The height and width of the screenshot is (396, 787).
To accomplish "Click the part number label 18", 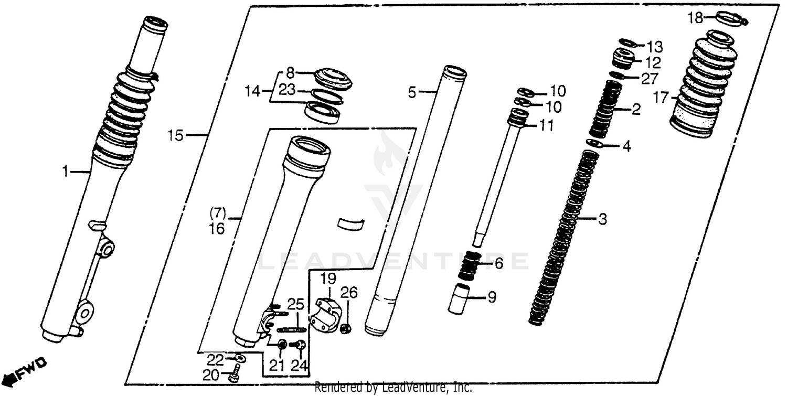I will (695, 18).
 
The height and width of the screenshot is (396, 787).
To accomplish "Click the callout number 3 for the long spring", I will (602, 219).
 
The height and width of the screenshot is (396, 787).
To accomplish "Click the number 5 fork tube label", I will (412, 93).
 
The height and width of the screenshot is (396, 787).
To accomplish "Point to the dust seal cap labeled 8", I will (333, 78).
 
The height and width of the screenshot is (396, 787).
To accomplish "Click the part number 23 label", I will (286, 90).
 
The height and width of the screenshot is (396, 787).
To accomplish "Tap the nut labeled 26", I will (346, 329).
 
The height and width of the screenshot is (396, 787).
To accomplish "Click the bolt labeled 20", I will (235, 374).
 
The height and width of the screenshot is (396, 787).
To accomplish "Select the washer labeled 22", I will (240, 359).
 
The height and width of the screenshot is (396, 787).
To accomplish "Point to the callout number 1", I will (65, 172).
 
